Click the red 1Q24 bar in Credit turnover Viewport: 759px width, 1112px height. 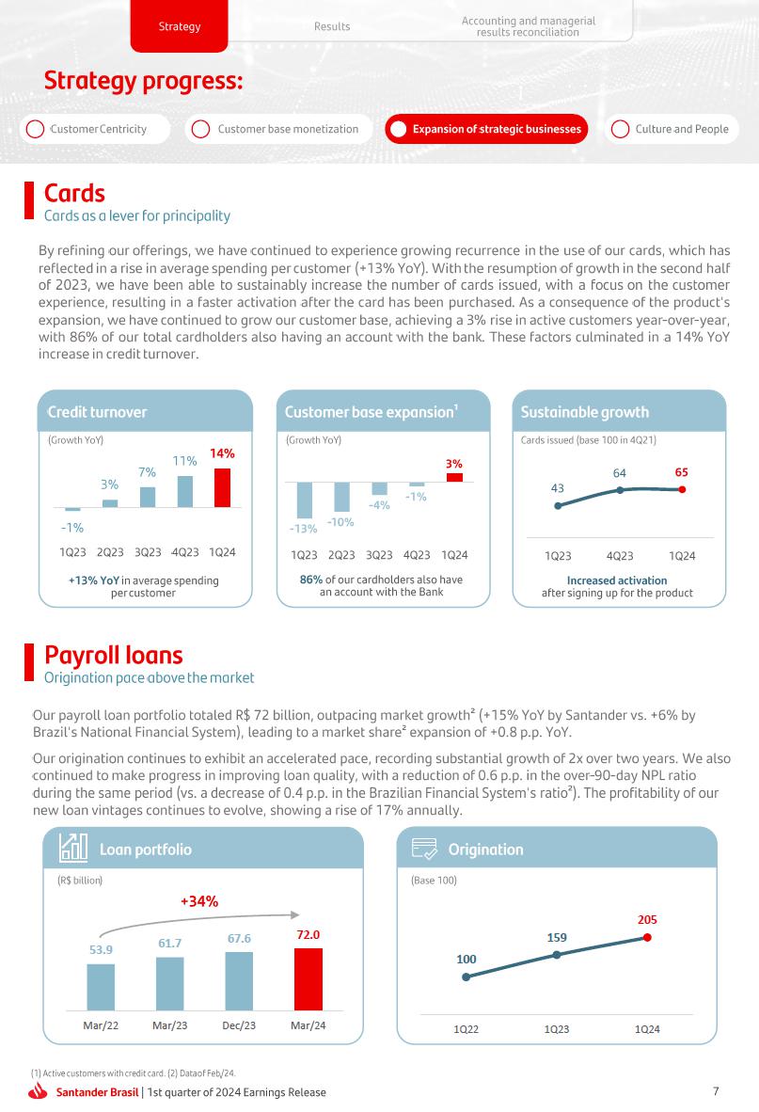(222, 487)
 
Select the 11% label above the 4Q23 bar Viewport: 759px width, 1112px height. (184, 461)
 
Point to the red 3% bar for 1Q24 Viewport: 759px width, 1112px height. (454, 477)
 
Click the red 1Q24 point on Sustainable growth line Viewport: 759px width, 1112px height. (682, 489)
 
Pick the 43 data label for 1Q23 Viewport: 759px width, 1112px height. (558, 488)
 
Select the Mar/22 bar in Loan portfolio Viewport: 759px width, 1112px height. (101, 985)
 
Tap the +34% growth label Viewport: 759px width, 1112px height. (199, 901)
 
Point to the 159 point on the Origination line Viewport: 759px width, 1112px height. (557, 955)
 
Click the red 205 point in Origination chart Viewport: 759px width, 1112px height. (647, 937)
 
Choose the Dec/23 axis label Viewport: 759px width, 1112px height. (239, 1025)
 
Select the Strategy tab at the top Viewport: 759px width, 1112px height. (179, 26)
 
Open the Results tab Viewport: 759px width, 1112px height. (332, 26)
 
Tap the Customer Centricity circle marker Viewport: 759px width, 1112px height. (35, 129)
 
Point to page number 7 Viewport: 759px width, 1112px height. (716, 1091)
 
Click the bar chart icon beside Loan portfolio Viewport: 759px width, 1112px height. (73, 849)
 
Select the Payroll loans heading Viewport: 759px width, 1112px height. (114, 655)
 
